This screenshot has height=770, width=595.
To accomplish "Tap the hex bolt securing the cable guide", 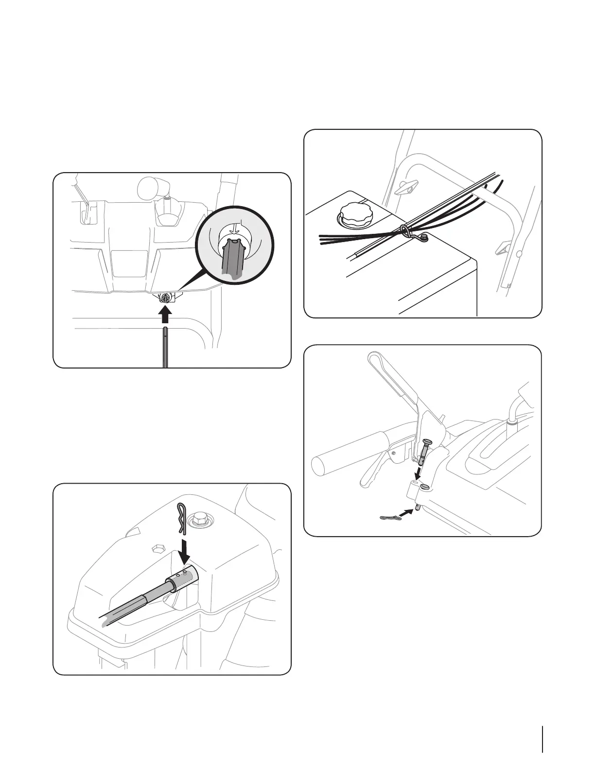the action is [425, 237].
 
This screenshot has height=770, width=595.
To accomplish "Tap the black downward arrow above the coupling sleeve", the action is [187, 548].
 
